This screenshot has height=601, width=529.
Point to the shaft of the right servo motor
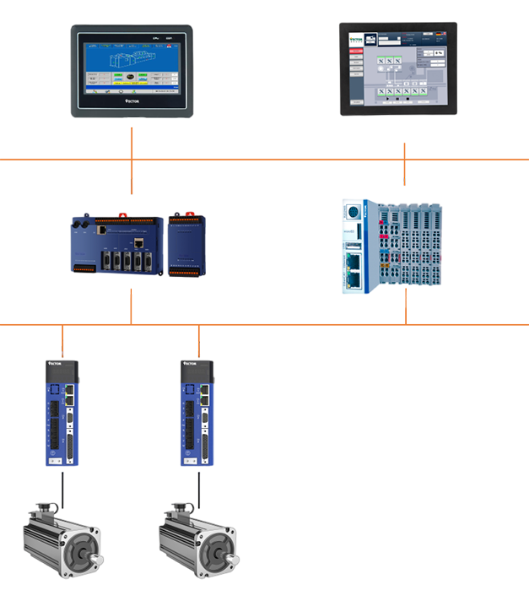point(234,558)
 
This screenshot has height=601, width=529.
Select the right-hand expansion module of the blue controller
point(186,245)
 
